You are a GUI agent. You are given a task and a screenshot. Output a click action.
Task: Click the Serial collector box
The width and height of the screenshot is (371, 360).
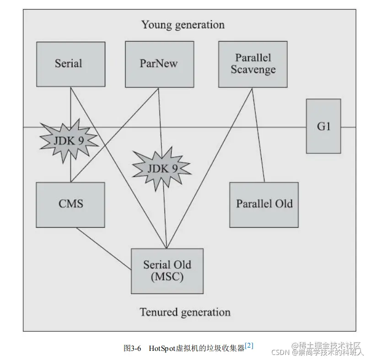pos(70,64)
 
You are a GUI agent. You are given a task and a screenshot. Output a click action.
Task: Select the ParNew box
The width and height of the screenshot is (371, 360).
pos(159,64)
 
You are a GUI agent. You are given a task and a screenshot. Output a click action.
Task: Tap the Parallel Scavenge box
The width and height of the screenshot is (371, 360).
pos(253,64)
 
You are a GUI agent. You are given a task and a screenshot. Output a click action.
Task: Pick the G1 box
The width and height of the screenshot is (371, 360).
pos(323,126)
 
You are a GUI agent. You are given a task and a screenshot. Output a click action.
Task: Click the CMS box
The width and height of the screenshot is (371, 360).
pos(70,204)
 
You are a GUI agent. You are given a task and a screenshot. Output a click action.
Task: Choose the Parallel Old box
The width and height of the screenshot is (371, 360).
pos(264,204)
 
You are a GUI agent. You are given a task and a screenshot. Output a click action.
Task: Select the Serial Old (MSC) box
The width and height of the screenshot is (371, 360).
pos(167,271)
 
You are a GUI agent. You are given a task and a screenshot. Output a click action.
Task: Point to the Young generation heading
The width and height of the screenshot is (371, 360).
pos(183,25)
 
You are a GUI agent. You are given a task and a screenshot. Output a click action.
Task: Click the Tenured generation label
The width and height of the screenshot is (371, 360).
pos(185,312)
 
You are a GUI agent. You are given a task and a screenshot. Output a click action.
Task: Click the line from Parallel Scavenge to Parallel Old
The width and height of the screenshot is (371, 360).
pos(259,137)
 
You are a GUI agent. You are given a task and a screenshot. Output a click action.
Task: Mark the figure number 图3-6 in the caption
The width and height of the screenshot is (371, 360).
pos(133,348)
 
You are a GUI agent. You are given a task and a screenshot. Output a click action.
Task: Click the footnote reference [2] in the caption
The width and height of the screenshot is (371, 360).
pos(249,346)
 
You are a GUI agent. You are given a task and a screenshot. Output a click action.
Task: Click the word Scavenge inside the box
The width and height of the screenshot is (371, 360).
pos(253,70)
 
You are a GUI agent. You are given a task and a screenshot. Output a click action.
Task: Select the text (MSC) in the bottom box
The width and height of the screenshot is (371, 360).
pos(167,276)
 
